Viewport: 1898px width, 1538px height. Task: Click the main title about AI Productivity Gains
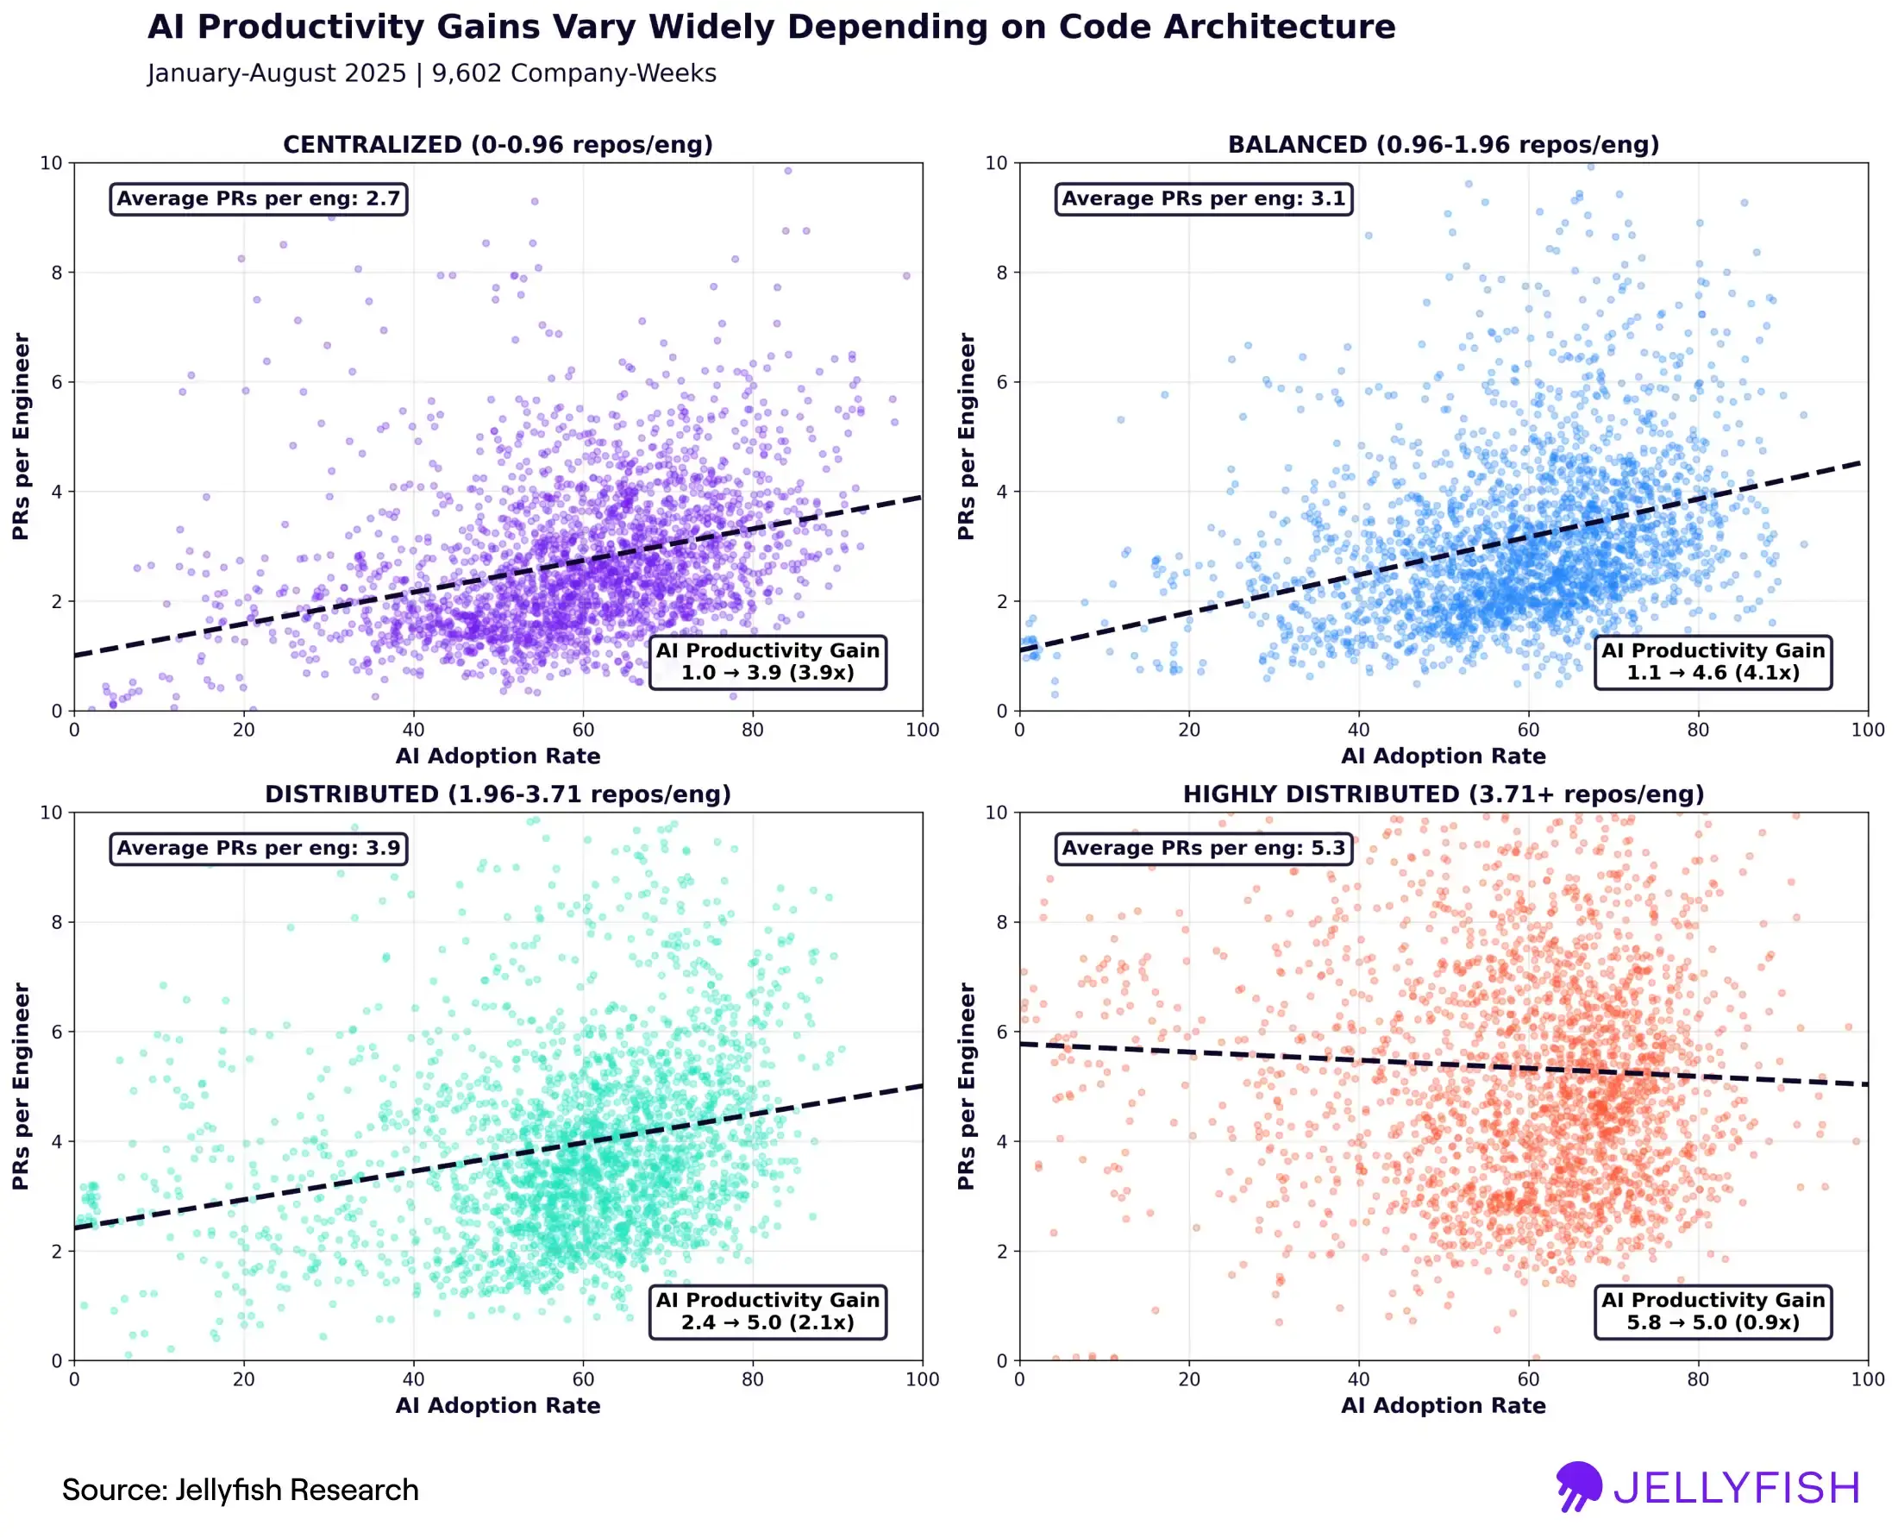click(771, 27)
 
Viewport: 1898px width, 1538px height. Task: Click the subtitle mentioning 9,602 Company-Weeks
click(431, 72)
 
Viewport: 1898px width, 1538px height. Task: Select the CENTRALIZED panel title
click(498, 144)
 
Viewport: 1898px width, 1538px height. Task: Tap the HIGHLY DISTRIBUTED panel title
click(1443, 794)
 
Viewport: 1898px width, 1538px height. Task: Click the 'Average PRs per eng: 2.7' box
click(259, 198)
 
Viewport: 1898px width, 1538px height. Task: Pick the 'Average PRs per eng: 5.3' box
click(1204, 848)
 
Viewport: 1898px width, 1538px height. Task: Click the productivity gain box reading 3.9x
click(767, 662)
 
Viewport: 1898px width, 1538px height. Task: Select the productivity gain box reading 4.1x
click(1712, 662)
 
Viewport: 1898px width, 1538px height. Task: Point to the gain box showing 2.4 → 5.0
click(767, 1311)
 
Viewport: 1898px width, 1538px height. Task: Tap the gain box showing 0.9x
click(1712, 1311)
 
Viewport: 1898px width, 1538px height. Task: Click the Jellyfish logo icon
click(1578, 1485)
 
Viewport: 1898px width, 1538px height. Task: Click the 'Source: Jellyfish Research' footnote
click(240, 1490)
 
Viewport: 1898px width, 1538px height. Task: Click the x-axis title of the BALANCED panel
click(1443, 756)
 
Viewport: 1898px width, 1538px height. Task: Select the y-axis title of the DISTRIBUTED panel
click(22, 1085)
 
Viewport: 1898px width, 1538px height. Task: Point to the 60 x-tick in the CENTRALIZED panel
click(583, 730)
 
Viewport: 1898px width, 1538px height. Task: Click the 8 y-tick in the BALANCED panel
click(1002, 273)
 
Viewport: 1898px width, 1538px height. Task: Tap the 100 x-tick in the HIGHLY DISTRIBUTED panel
click(1867, 1379)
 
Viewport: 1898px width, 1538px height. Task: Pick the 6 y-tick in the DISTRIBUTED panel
click(57, 1033)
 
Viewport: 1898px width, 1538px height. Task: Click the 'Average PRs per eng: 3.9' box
click(259, 848)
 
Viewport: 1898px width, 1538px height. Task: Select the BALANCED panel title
click(1443, 144)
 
